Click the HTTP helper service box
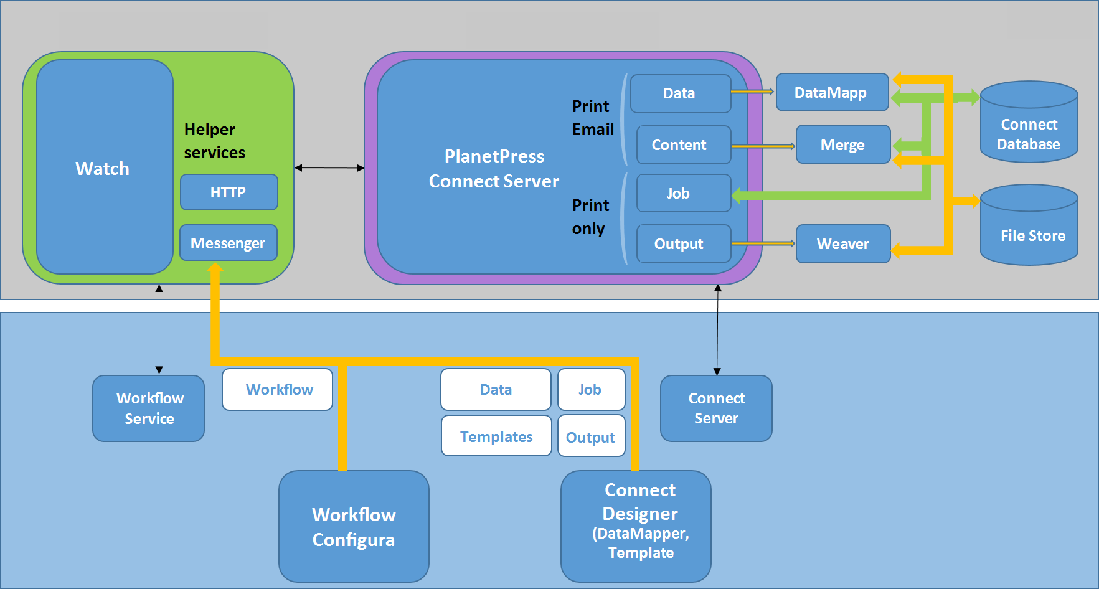pyautogui.click(x=229, y=192)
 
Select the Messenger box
pyautogui.click(x=229, y=243)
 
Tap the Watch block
pyautogui.click(x=105, y=167)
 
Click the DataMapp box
pyautogui.click(x=833, y=92)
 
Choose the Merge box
pyautogui.click(x=843, y=144)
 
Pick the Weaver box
pyautogui.click(x=843, y=243)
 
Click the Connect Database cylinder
pyautogui.click(x=1029, y=122)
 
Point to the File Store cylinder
pyautogui.click(x=1029, y=225)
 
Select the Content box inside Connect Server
pyautogui.click(x=684, y=144)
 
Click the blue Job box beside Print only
pyautogui.click(x=684, y=193)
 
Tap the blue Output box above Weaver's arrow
pyautogui.click(x=684, y=243)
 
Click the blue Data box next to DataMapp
pyautogui.click(x=681, y=93)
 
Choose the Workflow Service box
pyautogui.click(x=149, y=408)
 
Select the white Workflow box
pyautogui.click(x=278, y=390)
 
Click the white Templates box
pyautogui.click(x=496, y=436)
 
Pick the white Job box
pyautogui.click(x=592, y=390)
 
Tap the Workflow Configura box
pyautogui.click(x=354, y=527)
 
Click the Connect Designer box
pyautogui.click(x=636, y=527)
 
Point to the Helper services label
pyautogui.click(x=215, y=141)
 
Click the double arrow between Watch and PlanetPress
pyautogui.click(x=329, y=168)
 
